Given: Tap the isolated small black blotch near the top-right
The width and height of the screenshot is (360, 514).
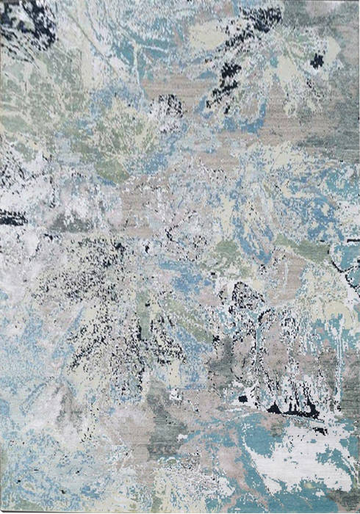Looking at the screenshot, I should point(317,61).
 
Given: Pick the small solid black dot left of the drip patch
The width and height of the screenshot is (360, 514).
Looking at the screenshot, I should point(242,399).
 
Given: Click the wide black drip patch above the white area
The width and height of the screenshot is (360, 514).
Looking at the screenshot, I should point(294,408).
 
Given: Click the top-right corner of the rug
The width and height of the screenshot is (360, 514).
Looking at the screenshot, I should point(358,2).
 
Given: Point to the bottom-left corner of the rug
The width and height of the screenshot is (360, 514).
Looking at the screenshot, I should point(2,511).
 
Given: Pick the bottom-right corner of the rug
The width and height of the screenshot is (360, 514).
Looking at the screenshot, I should point(358,511).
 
